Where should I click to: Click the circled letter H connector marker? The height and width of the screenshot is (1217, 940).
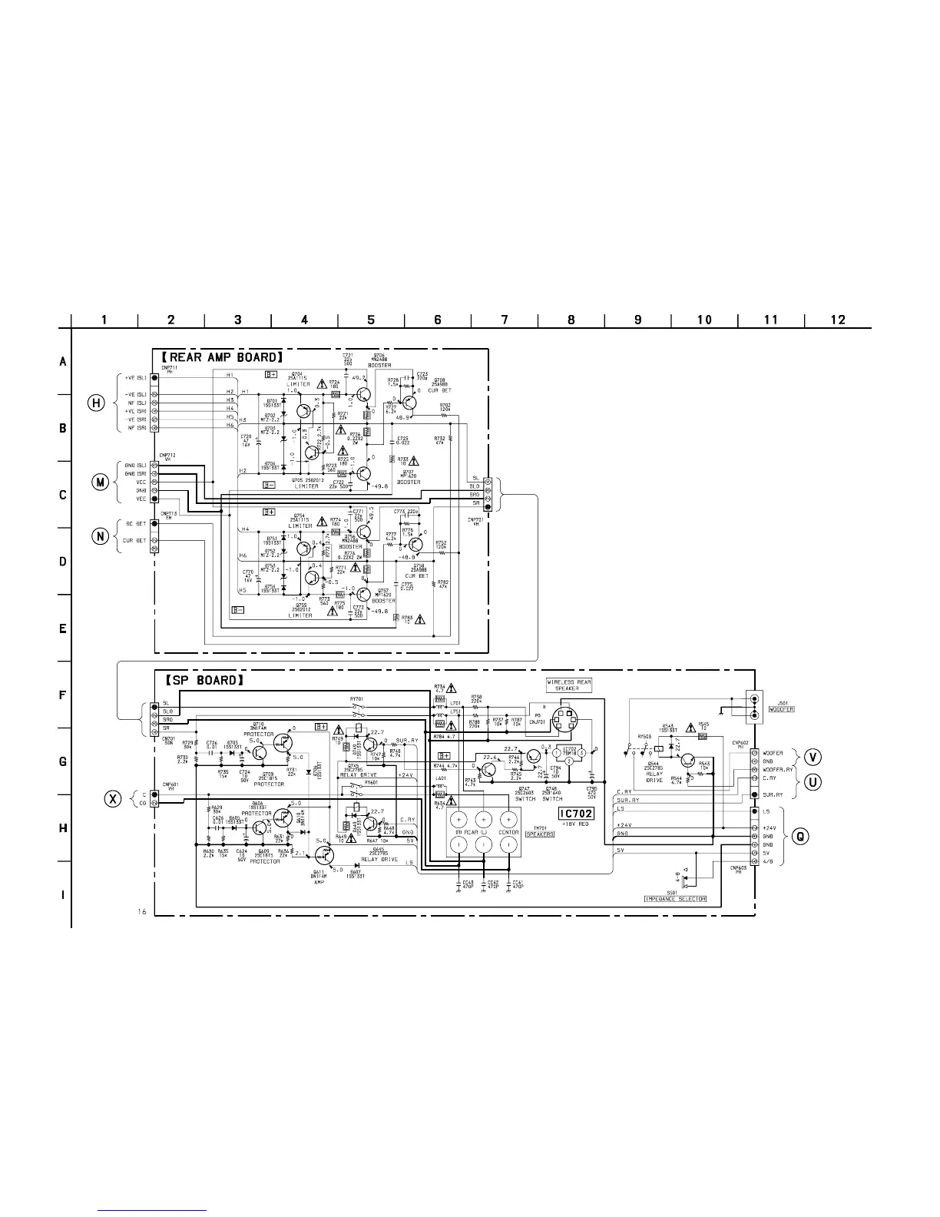point(95,403)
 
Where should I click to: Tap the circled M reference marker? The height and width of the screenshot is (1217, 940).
point(100,482)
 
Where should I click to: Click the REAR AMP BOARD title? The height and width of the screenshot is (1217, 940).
point(223,357)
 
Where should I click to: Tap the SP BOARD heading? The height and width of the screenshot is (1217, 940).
point(204,680)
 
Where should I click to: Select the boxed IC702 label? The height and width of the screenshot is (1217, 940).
point(576,813)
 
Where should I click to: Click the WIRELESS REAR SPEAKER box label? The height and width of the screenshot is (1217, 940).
point(569,685)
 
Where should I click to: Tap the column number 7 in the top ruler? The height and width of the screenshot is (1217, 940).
point(505,320)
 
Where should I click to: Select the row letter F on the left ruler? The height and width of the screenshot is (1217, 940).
point(63,695)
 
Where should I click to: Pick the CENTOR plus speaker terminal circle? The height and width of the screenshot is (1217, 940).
point(508,818)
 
